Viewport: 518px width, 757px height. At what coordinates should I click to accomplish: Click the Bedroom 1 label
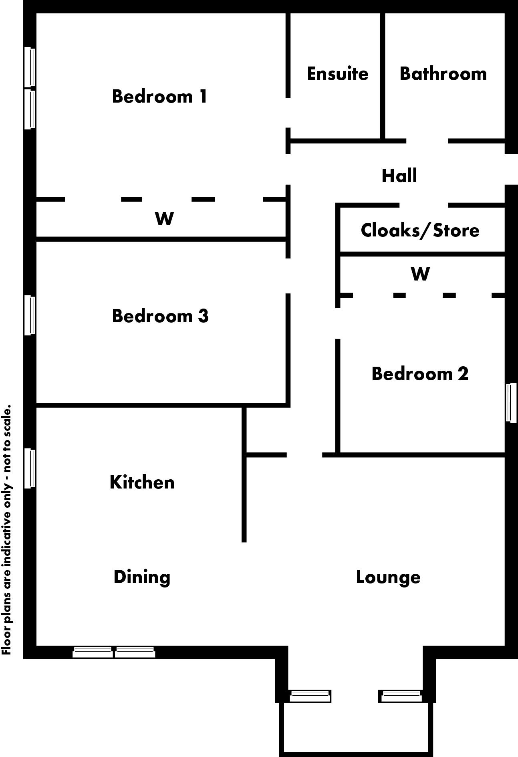[x=159, y=97]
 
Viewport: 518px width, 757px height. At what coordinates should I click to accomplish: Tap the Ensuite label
[x=337, y=74]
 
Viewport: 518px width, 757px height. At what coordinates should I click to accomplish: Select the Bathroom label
[x=443, y=74]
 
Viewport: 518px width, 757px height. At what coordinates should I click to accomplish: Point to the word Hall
[x=399, y=176]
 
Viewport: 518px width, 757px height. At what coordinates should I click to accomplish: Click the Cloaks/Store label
[x=420, y=230]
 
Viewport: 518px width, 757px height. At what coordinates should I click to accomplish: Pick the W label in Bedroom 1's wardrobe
[x=164, y=219]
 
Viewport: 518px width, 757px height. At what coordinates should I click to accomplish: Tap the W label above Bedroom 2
[x=420, y=275]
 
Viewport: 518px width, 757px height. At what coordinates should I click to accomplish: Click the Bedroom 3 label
[x=160, y=316]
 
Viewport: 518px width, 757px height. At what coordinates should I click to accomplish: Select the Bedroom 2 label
[x=420, y=373]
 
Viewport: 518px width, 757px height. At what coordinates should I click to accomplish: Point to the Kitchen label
[x=142, y=482]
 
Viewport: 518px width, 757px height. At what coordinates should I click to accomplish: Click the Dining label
[x=142, y=577]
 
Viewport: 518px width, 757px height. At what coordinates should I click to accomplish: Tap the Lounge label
[x=388, y=577]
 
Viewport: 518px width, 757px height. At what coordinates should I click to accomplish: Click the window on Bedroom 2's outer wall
[x=511, y=403]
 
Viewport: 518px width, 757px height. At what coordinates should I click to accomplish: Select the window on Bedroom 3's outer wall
[x=30, y=315]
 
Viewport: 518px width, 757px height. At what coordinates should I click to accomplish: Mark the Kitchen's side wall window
[x=30, y=468]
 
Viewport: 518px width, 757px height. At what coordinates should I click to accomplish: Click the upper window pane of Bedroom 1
[x=30, y=67]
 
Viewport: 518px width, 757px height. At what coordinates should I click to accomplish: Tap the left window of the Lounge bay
[x=310, y=696]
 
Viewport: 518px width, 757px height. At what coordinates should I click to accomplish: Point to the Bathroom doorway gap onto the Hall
[x=427, y=141]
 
